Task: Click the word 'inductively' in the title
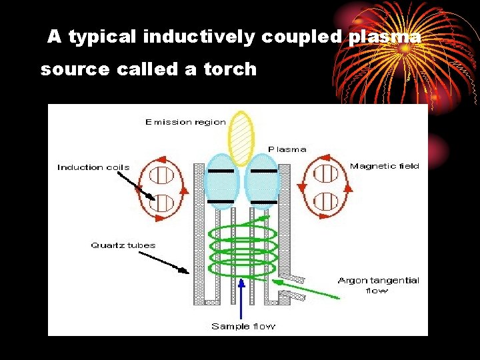point(199,38)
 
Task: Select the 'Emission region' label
point(185,122)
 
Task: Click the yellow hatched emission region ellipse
point(241,138)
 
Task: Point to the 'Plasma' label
point(287,149)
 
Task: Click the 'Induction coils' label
point(93,167)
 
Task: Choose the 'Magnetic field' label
point(385,166)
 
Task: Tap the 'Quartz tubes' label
point(123,245)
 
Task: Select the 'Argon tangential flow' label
point(378,285)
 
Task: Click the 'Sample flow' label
point(243,326)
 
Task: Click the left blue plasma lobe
point(221,182)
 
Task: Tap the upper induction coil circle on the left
point(161,175)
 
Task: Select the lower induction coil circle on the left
point(161,201)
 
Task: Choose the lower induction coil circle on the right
point(325,201)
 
